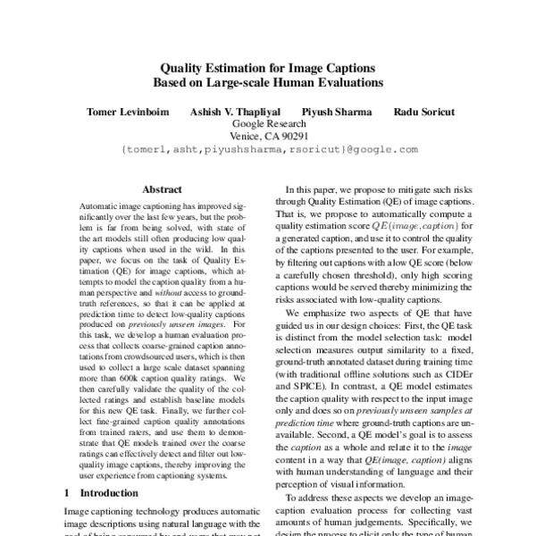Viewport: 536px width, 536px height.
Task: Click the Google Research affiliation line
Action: click(269, 124)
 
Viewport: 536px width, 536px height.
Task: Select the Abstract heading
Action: click(162, 190)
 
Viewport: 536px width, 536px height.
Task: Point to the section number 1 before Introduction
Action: click(68, 493)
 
